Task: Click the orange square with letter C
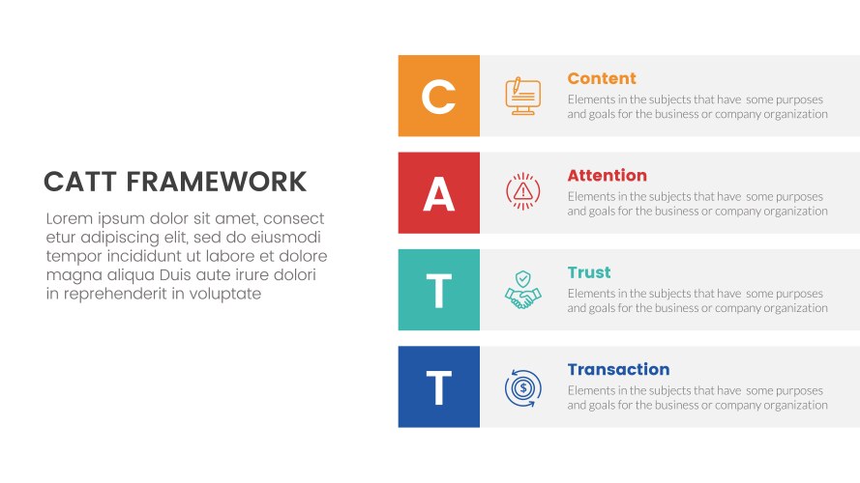pos(438,96)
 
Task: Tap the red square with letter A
pos(438,192)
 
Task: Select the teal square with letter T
pos(438,290)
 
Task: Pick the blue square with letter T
pos(438,386)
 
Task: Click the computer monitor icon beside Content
pos(522,96)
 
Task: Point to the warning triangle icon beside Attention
pos(522,192)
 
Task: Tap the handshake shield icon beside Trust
pos(522,290)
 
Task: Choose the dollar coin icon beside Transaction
pos(522,387)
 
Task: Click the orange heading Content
pos(601,78)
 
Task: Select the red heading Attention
pos(607,176)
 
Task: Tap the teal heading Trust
pos(588,272)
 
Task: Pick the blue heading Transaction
pos(618,369)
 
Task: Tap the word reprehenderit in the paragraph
pos(114,295)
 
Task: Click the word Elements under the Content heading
pos(592,99)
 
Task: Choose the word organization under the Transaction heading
pos(794,406)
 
